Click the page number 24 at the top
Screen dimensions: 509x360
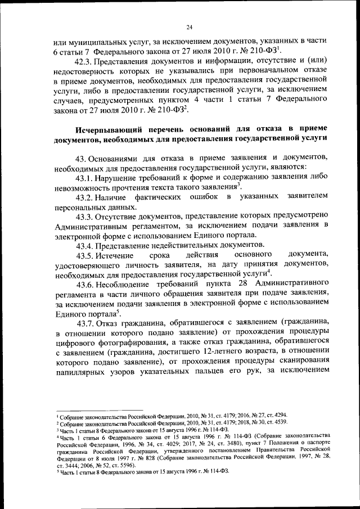[x=190, y=27]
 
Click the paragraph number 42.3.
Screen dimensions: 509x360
[x=89, y=60]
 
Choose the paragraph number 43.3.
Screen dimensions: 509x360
[x=88, y=217]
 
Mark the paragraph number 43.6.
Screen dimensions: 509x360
[x=89, y=286]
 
